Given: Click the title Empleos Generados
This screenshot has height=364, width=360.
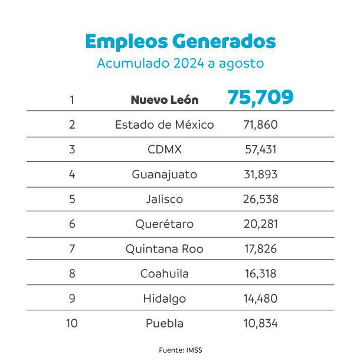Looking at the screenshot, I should pos(180,41).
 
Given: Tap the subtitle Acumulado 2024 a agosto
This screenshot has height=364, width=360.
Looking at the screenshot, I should pos(180,63).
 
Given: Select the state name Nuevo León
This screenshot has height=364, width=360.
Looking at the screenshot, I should pos(164,100).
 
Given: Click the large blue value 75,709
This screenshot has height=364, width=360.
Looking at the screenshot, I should pos(260,97).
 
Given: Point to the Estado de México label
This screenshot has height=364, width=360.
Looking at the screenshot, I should pos(164,124).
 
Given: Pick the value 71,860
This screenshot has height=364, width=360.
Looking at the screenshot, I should pos(260,124).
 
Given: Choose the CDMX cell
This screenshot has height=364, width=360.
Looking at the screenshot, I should pos(164,149).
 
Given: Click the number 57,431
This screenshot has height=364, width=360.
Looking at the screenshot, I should pos(260,149).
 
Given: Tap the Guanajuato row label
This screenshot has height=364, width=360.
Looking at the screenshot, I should pos(164,175).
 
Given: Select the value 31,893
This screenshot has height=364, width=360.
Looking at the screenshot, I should pos(260,175).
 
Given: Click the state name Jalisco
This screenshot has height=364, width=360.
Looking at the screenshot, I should pos(164,199).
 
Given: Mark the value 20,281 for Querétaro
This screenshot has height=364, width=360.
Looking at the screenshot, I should pos(260,224).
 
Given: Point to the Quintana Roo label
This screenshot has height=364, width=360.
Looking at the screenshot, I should pos(164,249).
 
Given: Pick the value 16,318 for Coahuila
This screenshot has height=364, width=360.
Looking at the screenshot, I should pos(260,274).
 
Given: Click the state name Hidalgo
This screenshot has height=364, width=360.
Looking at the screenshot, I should pos(164,299).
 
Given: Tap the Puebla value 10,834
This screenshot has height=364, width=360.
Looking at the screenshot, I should pos(260,323).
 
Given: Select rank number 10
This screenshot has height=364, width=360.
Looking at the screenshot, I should pos(72,323).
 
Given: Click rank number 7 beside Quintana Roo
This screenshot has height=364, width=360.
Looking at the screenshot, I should pos(72,249).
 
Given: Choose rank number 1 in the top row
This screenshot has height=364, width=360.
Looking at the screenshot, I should pos(72,100).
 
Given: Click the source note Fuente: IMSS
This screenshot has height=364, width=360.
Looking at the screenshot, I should pos(180,350).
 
